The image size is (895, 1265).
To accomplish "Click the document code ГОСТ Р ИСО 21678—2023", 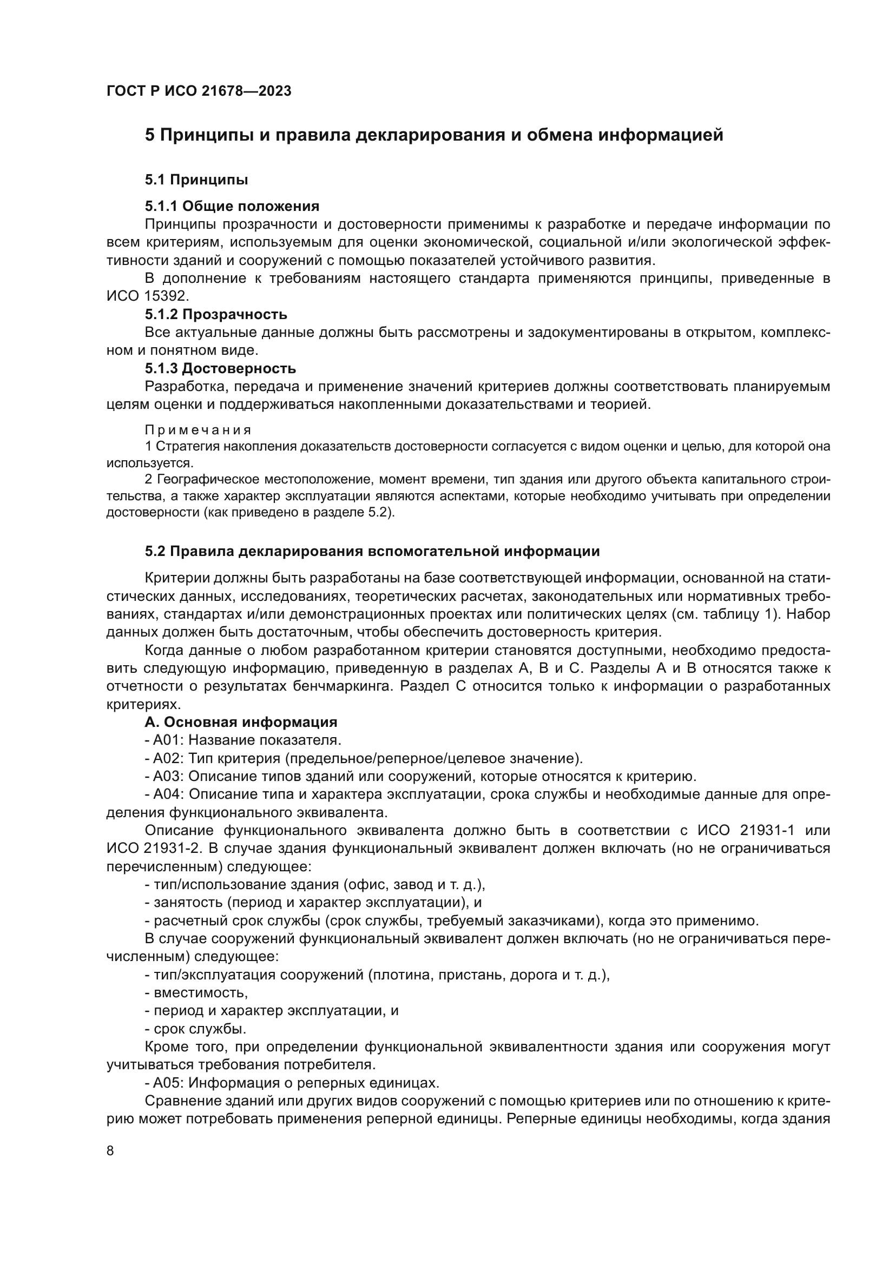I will [199, 91].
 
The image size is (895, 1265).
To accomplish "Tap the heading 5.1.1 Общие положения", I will [232, 206].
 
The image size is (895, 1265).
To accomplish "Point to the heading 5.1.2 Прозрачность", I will [216, 314].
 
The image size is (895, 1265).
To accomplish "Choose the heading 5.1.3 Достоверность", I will [220, 368].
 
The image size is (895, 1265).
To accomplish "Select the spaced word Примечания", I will [198, 429].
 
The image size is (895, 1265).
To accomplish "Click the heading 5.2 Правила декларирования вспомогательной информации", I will [372, 551].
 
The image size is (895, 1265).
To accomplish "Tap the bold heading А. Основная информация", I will [241, 722].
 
